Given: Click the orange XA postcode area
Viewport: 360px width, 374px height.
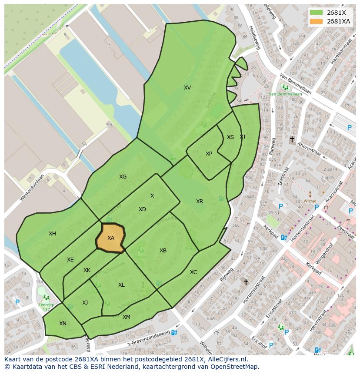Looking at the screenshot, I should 110,238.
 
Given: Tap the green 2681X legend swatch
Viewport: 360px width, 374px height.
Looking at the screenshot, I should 317,13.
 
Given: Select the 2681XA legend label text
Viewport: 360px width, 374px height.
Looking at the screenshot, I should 338,21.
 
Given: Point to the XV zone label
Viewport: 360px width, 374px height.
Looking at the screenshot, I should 187,88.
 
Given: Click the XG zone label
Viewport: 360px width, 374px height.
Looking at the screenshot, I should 123,177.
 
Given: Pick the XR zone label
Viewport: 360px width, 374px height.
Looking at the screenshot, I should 200,202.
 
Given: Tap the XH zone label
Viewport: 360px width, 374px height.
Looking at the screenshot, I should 52,234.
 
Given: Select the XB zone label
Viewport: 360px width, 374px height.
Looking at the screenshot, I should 163,251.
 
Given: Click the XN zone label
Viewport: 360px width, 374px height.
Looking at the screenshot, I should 63,324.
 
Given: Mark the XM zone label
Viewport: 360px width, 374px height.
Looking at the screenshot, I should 127,317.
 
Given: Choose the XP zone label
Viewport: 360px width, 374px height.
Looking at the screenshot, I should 209,154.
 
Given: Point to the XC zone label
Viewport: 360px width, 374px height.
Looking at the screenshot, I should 193,272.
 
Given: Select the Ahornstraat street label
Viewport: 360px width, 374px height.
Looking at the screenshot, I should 309,148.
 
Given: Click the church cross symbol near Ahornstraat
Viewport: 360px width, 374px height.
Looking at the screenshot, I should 292,139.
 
